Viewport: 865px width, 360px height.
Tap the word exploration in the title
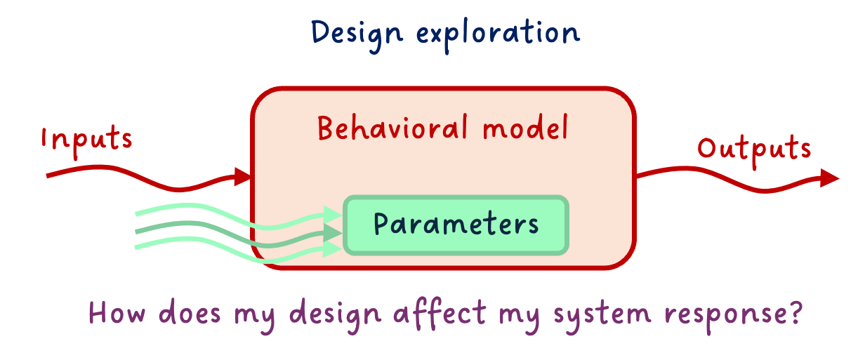click(498, 34)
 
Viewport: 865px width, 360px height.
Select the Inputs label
click(87, 141)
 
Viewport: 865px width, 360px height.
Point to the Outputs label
click(754, 151)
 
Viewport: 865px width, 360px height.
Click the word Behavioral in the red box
click(392, 127)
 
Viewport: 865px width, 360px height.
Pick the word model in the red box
click(526, 127)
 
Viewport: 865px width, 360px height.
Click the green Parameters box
click(456, 225)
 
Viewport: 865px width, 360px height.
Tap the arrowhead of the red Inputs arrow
click(242, 177)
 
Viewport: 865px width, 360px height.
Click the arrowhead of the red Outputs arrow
click(829, 178)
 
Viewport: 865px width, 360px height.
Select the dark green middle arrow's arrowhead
click(333, 233)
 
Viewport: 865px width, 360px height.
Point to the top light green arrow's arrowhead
click(333, 215)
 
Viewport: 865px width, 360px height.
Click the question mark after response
click(796, 313)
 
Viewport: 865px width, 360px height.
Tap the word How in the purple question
click(117, 312)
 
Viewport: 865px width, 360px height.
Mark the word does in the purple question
click(190, 312)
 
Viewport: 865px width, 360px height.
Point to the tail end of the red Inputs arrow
click(47, 176)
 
